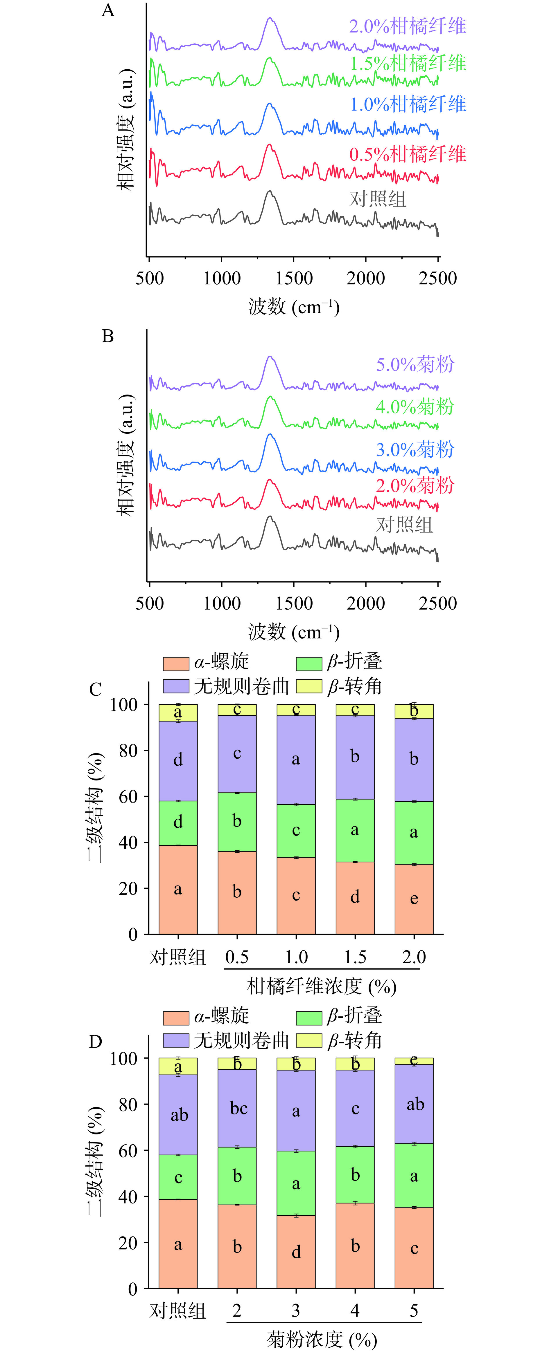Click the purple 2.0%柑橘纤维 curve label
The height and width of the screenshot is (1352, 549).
pyautogui.click(x=408, y=26)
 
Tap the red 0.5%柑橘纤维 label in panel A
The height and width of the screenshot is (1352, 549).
pyautogui.click(x=408, y=154)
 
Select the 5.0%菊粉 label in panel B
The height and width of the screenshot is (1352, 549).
pyautogui.click(x=415, y=365)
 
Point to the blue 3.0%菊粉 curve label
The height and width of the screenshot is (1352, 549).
pyautogui.click(x=415, y=450)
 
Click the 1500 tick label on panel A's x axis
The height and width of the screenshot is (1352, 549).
pyautogui.click(x=294, y=278)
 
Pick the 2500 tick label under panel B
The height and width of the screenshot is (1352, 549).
pyautogui.click(x=438, y=603)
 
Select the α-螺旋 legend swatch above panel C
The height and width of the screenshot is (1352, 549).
pyautogui.click(x=176, y=664)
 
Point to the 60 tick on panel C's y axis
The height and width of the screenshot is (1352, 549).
pyautogui.click(x=128, y=797)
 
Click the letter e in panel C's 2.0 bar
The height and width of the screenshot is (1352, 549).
pyautogui.click(x=414, y=899)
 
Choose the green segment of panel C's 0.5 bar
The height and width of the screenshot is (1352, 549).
pyautogui.click(x=237, y=822)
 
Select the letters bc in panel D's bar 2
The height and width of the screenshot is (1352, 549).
pyautogui.click(x=238, y=1109)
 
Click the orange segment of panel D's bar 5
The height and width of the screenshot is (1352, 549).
pyautogui.click(x=414, y=1248)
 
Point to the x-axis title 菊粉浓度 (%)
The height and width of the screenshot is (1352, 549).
pyautogui.click(x=322, y=1340)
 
